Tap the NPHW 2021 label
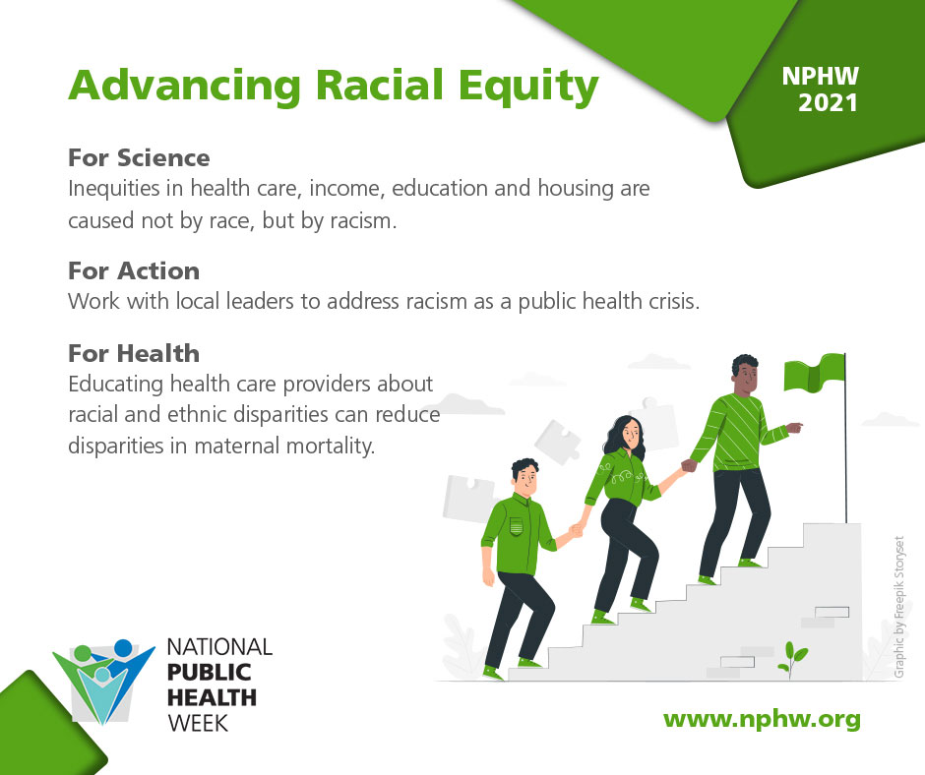(821, 89)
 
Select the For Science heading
(139, 158)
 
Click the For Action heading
(134, 270)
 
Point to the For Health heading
(134, 353)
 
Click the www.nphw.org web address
(762, 720)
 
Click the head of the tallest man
(746, 375)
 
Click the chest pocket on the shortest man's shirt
(517, 525)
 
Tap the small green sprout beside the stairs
(792, 659)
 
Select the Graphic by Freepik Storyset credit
(899, 607)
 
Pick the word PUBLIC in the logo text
(209, 673)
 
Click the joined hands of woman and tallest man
(689, 466)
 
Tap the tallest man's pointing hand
(795, 427)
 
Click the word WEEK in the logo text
(198, 724)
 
